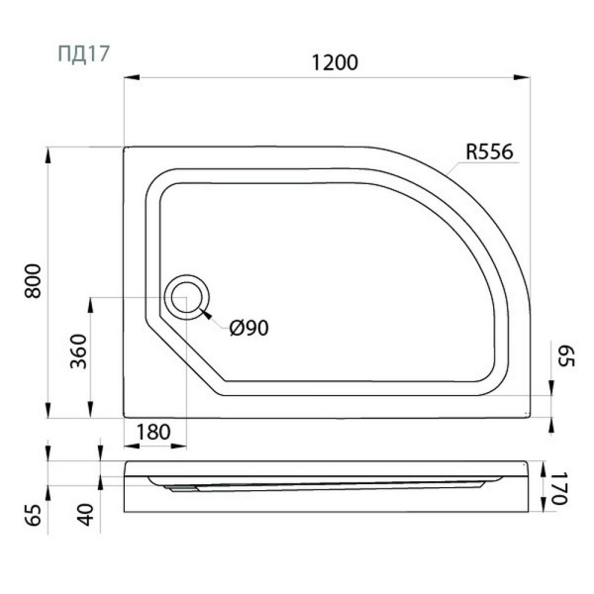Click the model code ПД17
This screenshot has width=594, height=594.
coord(84,53)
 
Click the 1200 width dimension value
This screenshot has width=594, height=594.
coord(335,62)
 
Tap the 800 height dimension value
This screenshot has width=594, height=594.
coord(33,281)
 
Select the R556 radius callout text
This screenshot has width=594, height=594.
coord(489,151)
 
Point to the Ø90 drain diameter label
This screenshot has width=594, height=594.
coord(248,328)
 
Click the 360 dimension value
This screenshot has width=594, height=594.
coord(79,351)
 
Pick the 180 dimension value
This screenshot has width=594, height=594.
coord(153,432)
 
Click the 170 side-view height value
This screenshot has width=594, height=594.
coord(559,488)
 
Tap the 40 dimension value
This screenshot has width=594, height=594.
coord(86,515)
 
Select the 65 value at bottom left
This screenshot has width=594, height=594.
coord(34,515)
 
